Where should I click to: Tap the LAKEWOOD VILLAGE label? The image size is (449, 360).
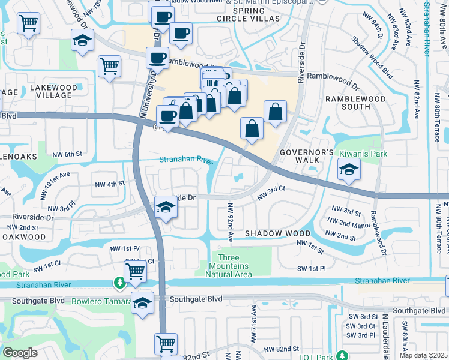(53, 92)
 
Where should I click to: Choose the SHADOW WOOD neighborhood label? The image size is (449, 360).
(277, 233)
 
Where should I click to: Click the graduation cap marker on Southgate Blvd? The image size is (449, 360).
(142, 304)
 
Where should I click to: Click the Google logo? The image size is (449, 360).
(20, 353)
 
